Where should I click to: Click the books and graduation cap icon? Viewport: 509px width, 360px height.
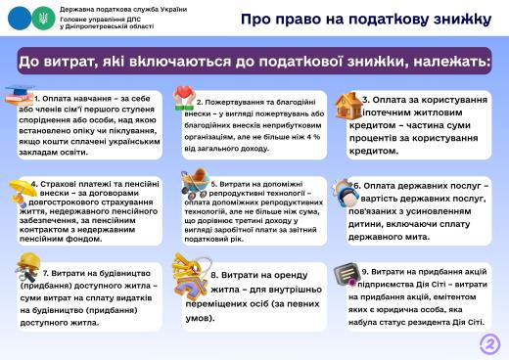19,97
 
